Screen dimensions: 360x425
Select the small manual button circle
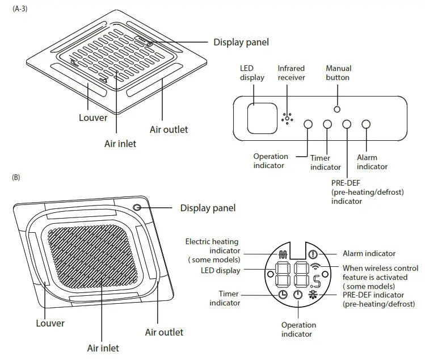tap(337, 108)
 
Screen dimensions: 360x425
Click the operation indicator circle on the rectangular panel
tap(308, 124)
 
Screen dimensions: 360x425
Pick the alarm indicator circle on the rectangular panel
tap(366, 124)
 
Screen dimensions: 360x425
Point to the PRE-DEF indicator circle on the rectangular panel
tap(347, 124)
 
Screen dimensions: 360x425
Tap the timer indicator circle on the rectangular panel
tap(327, 124)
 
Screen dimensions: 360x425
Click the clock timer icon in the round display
tap(283, 294)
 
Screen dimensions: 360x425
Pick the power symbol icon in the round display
tap(298, 295)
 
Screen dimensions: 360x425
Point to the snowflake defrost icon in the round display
tap(313, 294)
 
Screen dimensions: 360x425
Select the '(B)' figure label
tap(16, 178)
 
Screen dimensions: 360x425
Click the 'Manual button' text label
tap(338, 73)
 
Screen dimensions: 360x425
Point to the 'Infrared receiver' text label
tap(291, 73)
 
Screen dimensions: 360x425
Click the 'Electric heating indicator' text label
tap(212, 246)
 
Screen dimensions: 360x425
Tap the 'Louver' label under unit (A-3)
tap(93, 118)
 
